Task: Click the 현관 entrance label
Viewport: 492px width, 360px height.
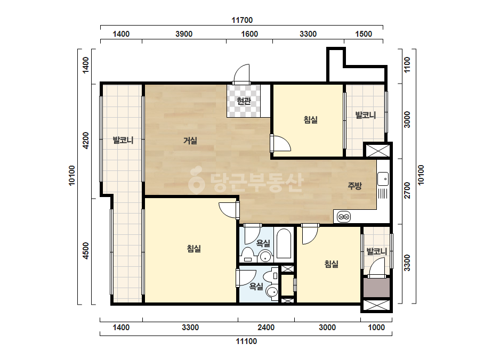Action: coord(244,101)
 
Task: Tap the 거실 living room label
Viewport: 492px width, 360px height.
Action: coord(190,141)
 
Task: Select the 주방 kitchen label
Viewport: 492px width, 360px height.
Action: coord(354,186)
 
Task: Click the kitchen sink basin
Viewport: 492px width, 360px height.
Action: coord(383,179)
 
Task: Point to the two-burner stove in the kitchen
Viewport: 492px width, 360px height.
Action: coord(344,217)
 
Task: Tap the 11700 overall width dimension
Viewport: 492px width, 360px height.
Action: coord(242,20)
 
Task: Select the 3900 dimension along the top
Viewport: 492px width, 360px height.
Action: coord(184,34)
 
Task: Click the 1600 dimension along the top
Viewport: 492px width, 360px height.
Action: coord(249,34)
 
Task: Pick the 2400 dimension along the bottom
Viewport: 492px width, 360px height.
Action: coord(266,328)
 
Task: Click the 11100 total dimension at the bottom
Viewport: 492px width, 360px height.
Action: coord(246,341)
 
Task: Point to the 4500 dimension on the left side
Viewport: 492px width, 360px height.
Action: coord(86,251)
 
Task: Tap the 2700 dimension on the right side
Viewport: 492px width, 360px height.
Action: coord(407,190)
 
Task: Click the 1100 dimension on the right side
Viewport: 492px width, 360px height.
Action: coord(407,65)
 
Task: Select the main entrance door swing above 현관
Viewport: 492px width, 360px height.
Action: coord(241,74)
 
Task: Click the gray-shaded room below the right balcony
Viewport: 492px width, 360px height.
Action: coord(376,288)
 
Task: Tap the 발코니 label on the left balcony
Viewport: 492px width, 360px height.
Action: coord(123,140)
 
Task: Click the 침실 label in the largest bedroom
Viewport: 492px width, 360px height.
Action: coord(194,249)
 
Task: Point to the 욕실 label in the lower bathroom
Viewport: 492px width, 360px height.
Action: coord(256,286)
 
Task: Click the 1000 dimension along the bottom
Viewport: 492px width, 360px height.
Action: coord(376,328)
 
